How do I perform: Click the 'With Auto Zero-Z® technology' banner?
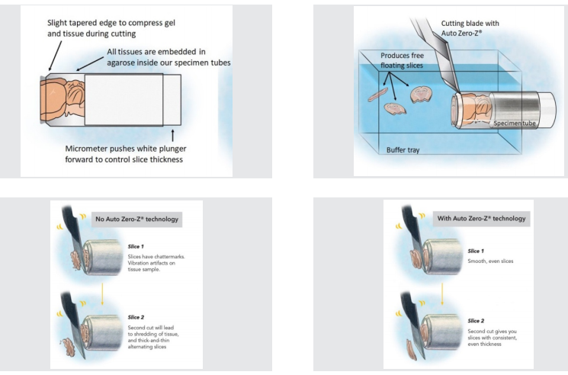pos(480,219)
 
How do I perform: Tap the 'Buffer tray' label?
pos(403,150)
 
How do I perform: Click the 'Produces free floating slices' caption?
pos(411,61)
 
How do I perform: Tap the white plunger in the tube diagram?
pos(124,99)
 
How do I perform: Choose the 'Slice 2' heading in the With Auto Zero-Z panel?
pos(475,320)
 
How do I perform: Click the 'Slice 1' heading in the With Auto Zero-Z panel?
pos(475,251)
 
